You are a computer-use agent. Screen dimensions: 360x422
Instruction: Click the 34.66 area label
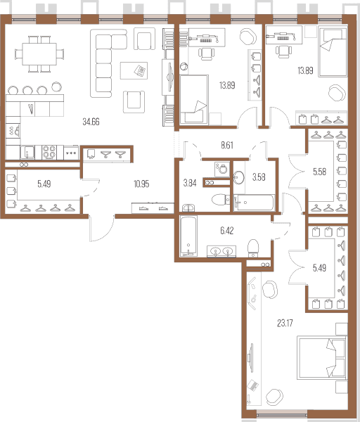[91, 122]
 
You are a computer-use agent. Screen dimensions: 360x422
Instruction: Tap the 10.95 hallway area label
[141, 184]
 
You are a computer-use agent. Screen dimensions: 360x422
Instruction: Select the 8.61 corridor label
[227, 146]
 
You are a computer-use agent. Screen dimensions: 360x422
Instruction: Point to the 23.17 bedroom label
[285, 323]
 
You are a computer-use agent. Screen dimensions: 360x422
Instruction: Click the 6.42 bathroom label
[227, 231]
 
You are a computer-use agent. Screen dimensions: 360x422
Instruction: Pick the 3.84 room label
[190, 184]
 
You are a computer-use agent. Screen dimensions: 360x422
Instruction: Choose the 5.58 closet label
[320, 172]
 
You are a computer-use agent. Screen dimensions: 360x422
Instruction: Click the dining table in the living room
[39, 54]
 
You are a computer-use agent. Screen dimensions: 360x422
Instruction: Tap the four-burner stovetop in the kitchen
[49, 153]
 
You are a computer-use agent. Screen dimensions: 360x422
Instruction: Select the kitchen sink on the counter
[27, 153]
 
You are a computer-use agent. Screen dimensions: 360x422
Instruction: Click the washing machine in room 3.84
[222, 169]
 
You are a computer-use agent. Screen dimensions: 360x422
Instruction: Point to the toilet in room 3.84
[221, 200]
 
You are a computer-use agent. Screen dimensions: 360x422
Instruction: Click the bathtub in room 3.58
[254, 203]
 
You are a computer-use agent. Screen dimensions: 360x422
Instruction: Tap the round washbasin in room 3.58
[238, 178]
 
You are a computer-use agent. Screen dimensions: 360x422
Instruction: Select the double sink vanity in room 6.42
[221, 251]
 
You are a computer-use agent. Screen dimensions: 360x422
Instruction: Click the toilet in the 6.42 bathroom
[253, 248]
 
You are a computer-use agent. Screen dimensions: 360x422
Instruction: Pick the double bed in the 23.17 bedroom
[322, 358]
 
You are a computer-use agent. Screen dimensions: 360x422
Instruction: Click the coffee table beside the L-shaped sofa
[134, 70]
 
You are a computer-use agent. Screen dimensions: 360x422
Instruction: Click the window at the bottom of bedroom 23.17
[282, 415]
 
